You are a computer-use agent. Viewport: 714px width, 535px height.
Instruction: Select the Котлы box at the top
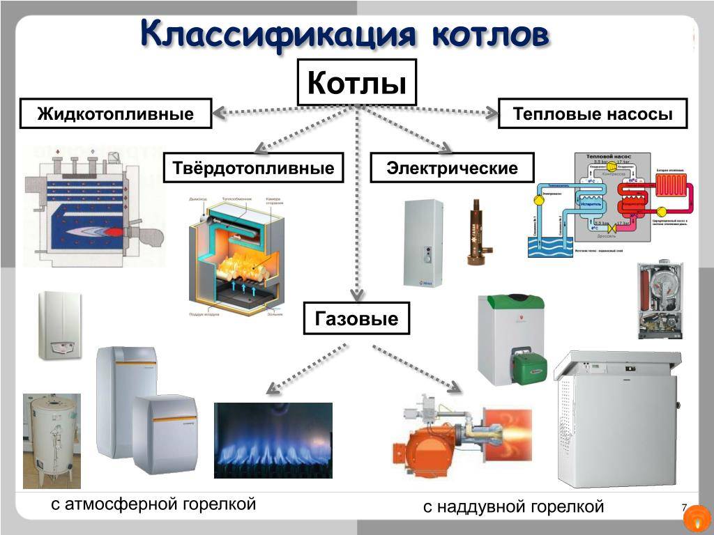click(357, 82)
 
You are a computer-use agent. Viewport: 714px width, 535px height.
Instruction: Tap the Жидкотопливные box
click(116, 114)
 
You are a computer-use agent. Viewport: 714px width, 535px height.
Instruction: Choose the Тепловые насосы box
click(593, 114)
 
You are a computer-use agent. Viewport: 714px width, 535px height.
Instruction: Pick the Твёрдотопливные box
click(253, 168)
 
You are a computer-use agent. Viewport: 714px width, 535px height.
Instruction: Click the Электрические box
click(452, 168)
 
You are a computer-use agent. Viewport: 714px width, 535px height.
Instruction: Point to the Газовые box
click(356, 319)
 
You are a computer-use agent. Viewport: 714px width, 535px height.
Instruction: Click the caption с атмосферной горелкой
click(153, 504)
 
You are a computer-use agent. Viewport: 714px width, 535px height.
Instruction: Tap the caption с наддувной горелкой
click(513, 506)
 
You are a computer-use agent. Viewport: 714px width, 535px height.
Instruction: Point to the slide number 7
click(684, 508)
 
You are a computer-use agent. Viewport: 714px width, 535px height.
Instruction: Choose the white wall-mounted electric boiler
click(423, 242)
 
